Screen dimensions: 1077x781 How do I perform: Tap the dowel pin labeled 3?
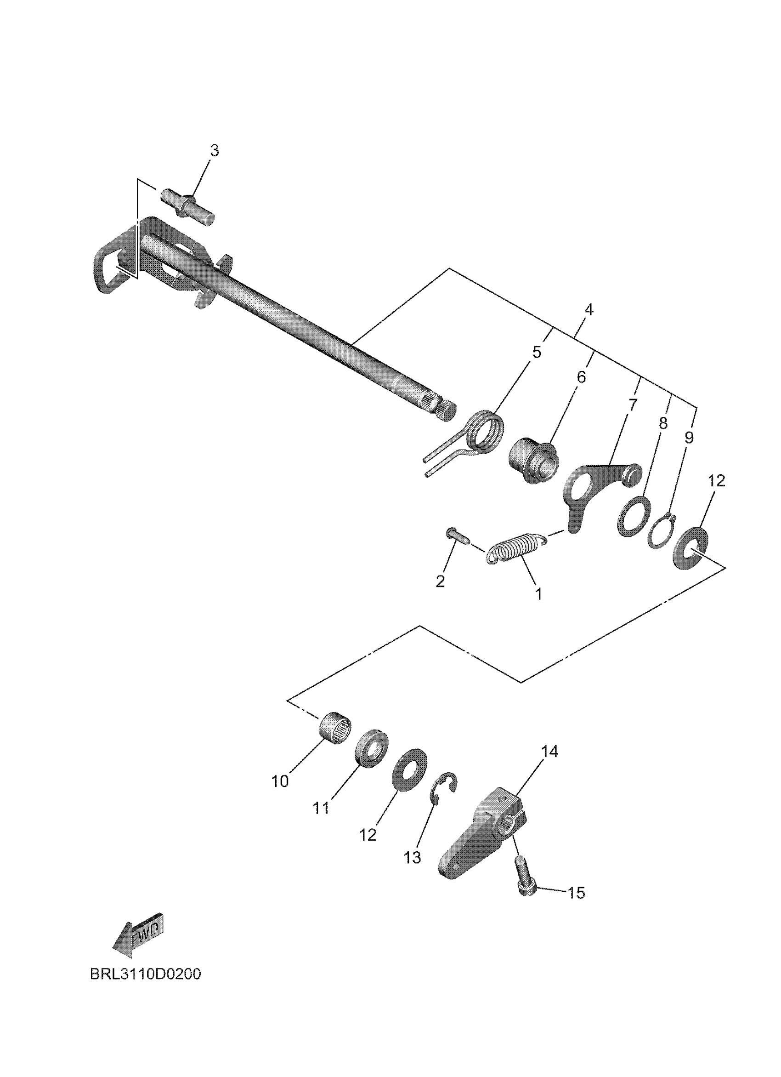(x=188, y=206)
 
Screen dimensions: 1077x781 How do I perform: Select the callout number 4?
(x=589, y=310)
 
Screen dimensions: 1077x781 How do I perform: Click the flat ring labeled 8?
(x=634, y=516)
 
